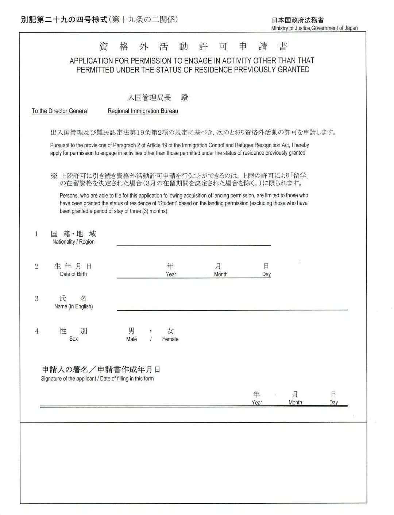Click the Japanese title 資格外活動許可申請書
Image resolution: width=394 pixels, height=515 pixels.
click(x=193, y=47)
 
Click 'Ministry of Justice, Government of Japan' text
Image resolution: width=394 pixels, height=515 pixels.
click(x=314, y=28)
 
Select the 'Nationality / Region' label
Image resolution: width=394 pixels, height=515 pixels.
click(x=73, y=242)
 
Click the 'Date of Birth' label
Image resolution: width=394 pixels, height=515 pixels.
click(x=73, y=274)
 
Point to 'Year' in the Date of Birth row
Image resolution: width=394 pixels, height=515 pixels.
click(x=171, y=274)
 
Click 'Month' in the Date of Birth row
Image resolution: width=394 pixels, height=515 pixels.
click(x=221, y=274)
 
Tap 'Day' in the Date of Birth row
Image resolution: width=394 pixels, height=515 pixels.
click(x=266, y=274)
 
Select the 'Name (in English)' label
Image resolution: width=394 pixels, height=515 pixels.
click(x=73, y=306)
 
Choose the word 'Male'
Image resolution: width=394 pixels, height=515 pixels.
click(x=131, y=339)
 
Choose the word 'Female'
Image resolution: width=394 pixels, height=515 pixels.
click(x=170, y=339)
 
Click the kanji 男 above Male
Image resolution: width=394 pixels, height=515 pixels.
click(x=131, y=331)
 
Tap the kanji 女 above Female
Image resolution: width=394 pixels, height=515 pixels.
click(x=170, y=331)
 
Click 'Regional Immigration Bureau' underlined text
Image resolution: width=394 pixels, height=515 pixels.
click(x=143, y=111)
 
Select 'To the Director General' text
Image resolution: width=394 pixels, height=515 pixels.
click(x=59, y=111)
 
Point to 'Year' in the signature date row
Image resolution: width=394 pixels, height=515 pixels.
click(x=257, y=402)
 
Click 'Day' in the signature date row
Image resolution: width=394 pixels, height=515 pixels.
click(x=333, y=402)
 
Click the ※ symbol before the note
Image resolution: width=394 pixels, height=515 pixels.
click(x=54, y=176)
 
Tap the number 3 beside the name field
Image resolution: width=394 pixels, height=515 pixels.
click(x=36, y=299)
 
